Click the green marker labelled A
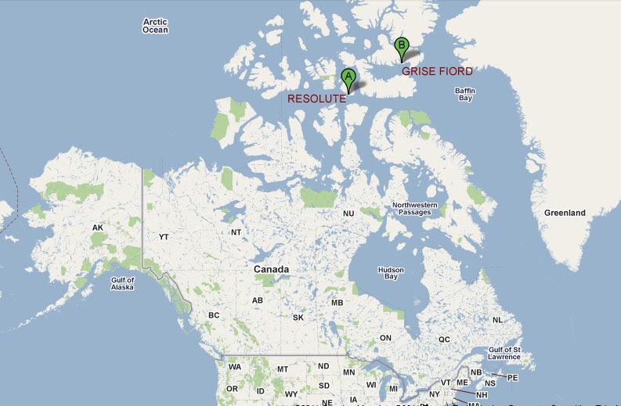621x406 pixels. (x=348, y=77)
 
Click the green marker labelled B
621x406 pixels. (x=402, y=46)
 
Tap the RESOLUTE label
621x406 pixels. (x=316, y=99)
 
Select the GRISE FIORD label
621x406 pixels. (x=437, y=70)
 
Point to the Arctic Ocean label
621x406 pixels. (x=155, y=26)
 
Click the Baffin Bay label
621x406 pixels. (x=465, y=95)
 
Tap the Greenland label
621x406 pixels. (x=565, y=213)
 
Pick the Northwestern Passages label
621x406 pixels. (x=415, y=209)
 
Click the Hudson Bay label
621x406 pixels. (x=391, y=273)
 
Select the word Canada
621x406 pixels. (x=271, y=269)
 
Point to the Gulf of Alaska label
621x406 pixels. (x=121, y=284)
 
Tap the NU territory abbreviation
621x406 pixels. (x=348, y=214)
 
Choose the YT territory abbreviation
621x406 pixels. (x=164, y=236)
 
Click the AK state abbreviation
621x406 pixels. (x=98, y=228)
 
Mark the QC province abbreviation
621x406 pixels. (x=444, y=340)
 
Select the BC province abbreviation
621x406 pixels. (x=214, y=316)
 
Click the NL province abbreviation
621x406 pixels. (x=497, y=320)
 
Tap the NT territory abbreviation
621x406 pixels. (x=236, y=232)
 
